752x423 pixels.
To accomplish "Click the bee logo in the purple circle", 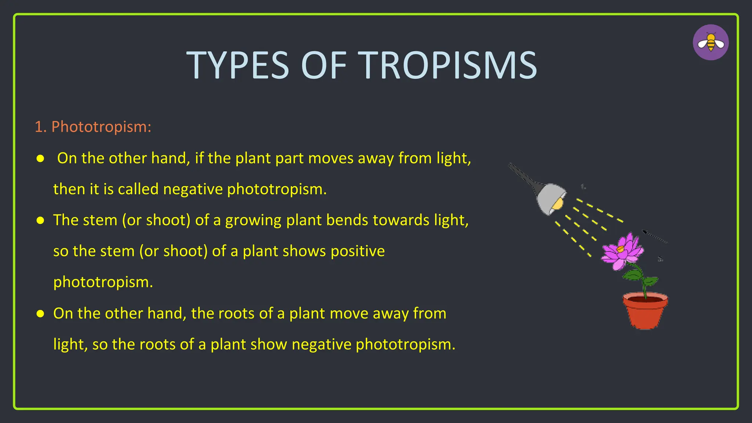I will coord(711,42).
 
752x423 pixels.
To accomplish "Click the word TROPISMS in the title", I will coord(447,65).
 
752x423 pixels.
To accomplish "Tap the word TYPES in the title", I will coord(238,65).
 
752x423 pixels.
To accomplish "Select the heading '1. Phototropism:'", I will coord(93,127).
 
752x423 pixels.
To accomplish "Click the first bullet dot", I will coord(40,159).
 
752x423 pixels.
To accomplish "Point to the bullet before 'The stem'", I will coord(40,220).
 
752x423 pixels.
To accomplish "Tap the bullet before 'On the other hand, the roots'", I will coord(40,314).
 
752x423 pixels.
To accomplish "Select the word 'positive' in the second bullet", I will coord(357,251).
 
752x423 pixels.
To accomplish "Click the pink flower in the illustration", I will coord(622,252).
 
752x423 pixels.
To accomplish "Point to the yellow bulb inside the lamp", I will coord(558,204).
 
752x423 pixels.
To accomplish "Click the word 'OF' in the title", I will coord(323,65).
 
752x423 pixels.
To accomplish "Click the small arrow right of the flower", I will coord(655,237).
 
